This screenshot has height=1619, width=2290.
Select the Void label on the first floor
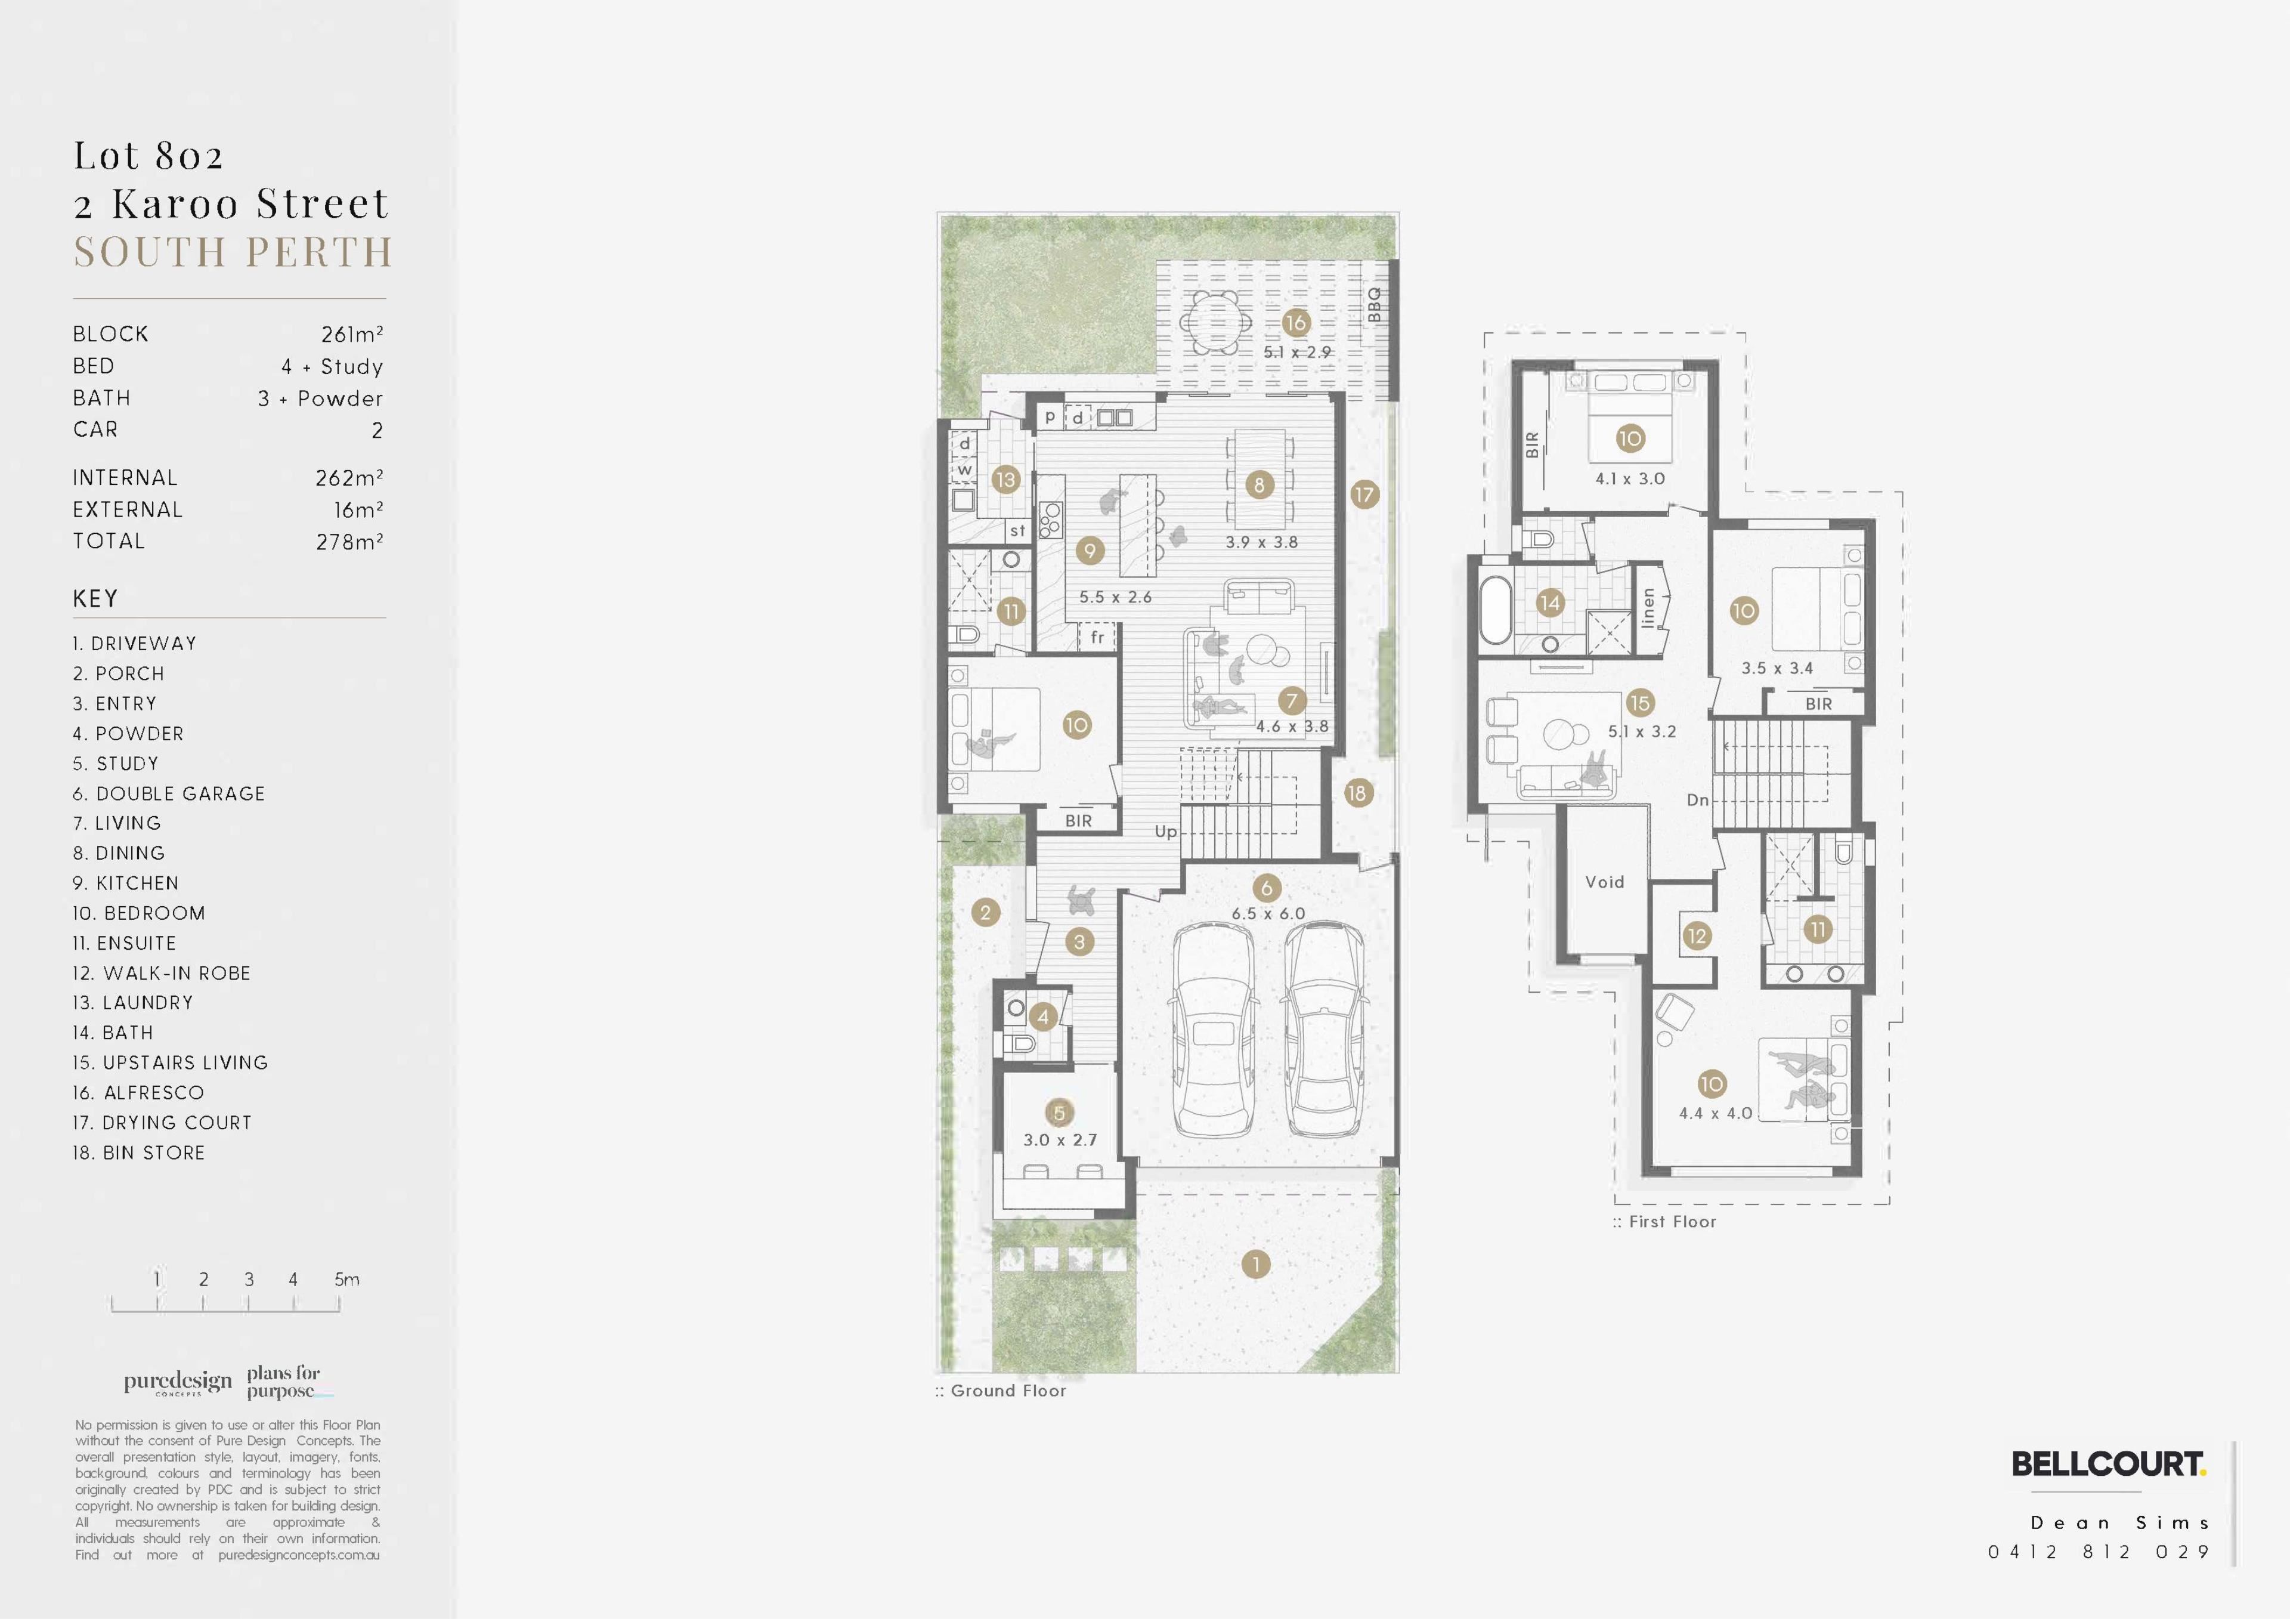pyautogui.click(x=1605, y=882)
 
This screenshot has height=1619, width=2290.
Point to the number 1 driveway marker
pyautogui.click(x=1256, y=1265)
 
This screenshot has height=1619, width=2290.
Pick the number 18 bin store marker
pyautogui.click(x=1357, y=793)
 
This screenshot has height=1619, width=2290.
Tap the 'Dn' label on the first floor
pyautogui.click(x=1698, y=800)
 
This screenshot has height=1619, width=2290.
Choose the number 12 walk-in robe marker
pyautogui.click(x=1697, y=936)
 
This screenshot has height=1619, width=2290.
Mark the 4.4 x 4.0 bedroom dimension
pyautogui.click(x=1716, y=1113)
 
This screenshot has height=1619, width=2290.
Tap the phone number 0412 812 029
pyautogui.click(x=2099, y=1552)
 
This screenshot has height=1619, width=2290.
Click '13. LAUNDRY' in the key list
pyautogui.click(x=132, y=1003)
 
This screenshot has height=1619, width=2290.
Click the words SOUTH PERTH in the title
pyautogui.click(x=233, y=252)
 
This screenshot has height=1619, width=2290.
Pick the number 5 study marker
pyautogui.click(x=1059, y=1113)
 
